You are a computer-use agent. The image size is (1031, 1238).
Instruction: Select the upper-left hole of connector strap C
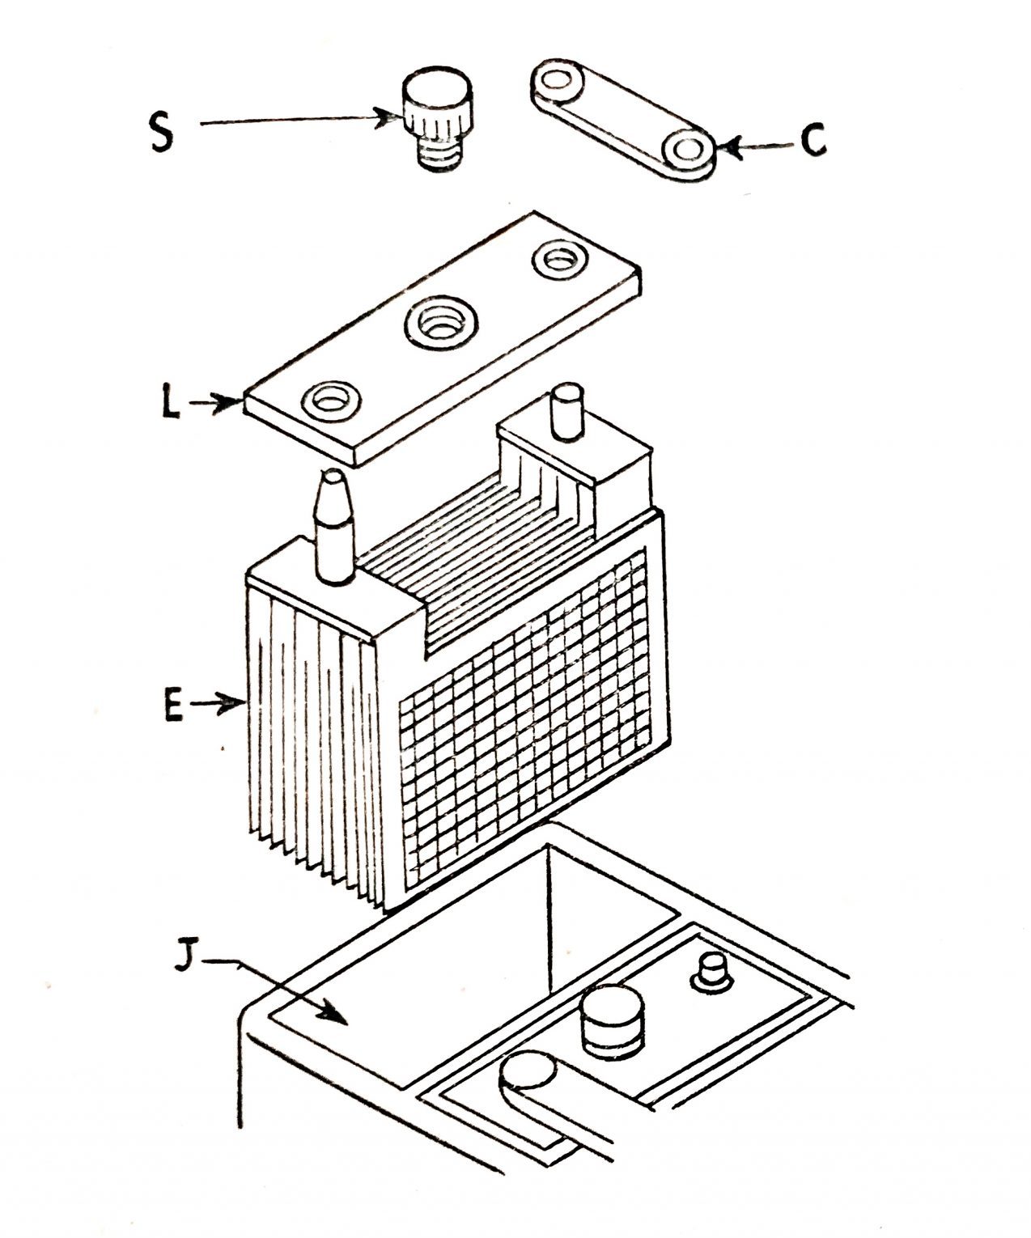coord(558,82)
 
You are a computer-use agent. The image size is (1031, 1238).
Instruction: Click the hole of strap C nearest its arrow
coord(687,150)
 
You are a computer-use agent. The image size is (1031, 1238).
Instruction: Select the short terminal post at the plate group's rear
coord(566,413)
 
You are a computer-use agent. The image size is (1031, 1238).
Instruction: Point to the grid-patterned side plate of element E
coord(526,712)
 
